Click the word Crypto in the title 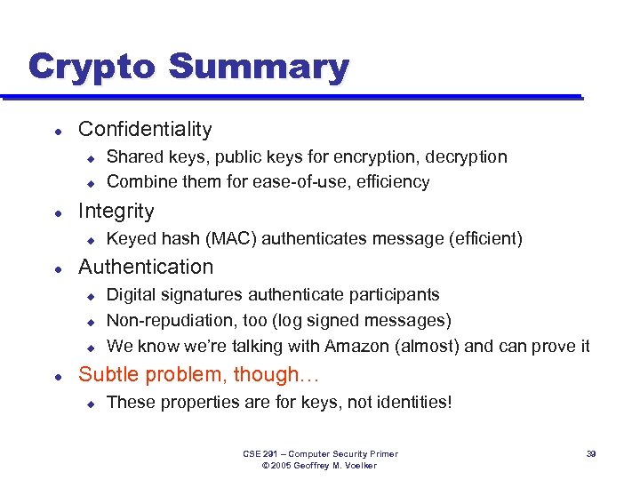coord(92,67)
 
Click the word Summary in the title coord(259,67)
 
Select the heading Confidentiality coord(145,129)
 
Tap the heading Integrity coord(116,211)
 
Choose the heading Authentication coord(146,267)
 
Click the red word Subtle coord(108,374)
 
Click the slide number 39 coord(590,454)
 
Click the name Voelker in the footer coord(357,466)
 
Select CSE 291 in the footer coord(262,454)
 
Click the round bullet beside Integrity coord(58,212)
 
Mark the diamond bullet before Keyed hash coord(90,239)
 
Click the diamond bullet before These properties coord(90,403)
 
